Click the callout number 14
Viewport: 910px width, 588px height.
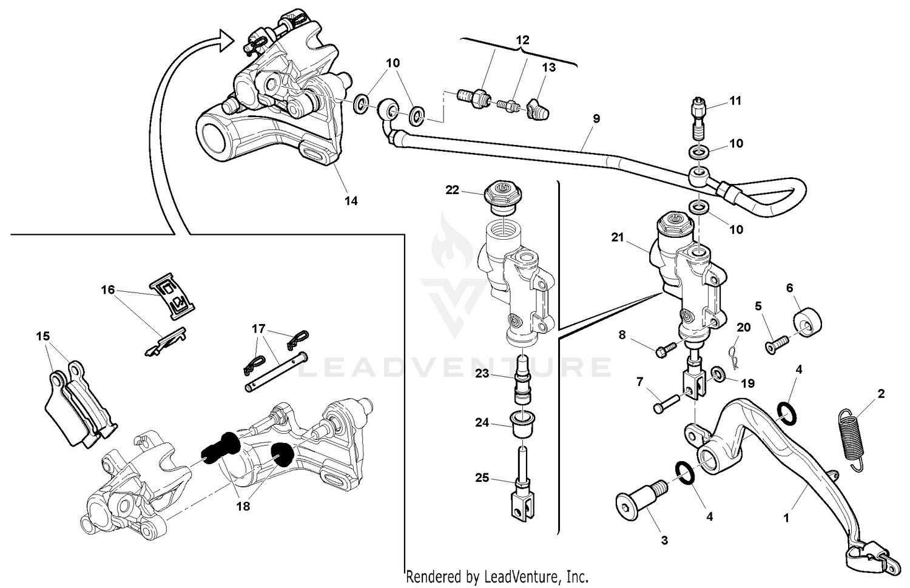(351, 201)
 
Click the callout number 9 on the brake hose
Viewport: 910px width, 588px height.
(596, 119)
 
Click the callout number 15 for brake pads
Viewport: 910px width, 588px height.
(43, 336)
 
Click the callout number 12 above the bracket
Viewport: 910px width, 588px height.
(522, 41)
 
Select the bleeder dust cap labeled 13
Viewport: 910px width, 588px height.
(537, 110)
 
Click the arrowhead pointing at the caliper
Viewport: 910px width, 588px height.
(225, 41)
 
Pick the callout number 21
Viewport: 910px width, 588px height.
(617, 238)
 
